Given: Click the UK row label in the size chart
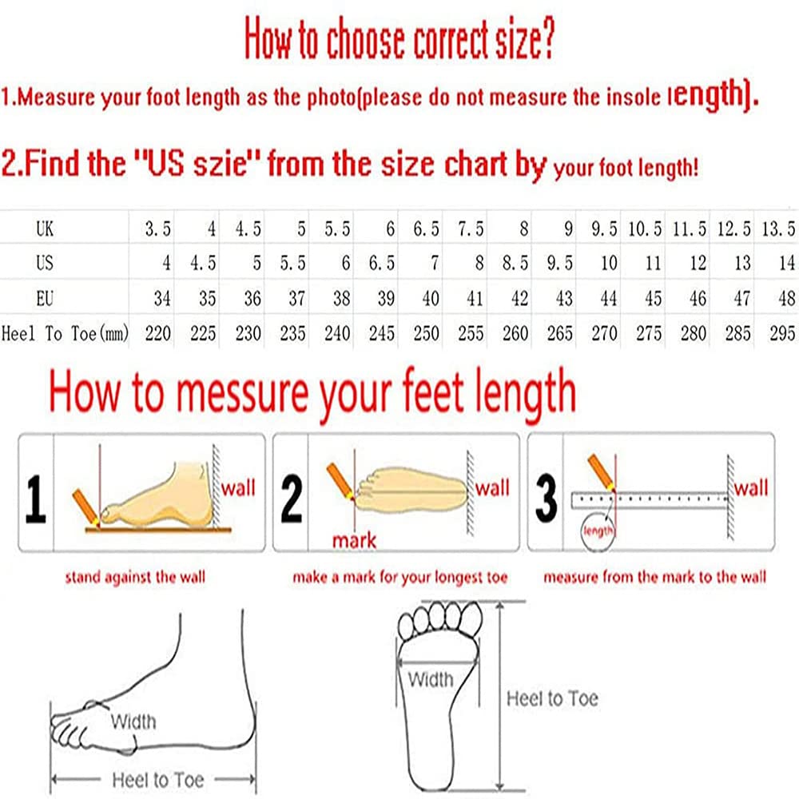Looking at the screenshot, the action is tap(45, 229).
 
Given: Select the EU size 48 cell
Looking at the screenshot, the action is tap(787, 298).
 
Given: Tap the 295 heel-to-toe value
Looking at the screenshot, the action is tap(782, 334).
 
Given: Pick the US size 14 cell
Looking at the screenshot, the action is tap(787, 263).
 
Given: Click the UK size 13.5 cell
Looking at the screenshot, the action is tap(778, 229).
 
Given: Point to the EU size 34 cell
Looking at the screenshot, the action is tap(162, 298).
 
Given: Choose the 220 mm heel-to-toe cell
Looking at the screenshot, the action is tap(158, 334).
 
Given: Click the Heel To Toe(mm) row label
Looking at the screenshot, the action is tap(65, 334).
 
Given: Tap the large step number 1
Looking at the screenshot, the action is tap(36, 499).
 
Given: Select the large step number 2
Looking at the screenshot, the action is tap(291, 499).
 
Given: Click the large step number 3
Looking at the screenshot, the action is tap(546, 499).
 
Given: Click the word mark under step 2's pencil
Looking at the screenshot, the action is tap(354, 540).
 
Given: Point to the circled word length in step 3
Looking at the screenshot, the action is tap(598, 531).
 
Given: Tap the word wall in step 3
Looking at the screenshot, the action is tap(751, 487).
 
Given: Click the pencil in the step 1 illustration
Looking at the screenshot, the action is tap(85, 507).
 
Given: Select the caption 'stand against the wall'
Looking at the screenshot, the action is tap(135, 578).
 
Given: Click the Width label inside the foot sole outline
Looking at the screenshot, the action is tap(431, 680).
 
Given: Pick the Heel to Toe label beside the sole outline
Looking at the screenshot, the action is tap(552, 698).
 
